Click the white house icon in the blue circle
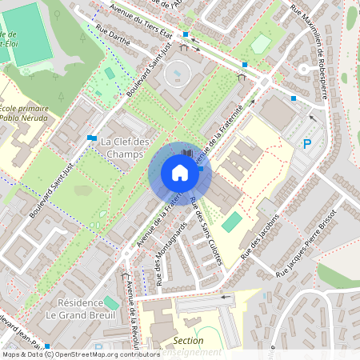(x=179, y=173)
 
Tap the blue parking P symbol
(x=306, y=144)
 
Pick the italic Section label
(x=188, y=340)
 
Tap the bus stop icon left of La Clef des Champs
(x=93, y=138)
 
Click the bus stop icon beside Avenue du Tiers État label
(x=186, y=34)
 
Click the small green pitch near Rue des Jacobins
(x=230, y=222)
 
